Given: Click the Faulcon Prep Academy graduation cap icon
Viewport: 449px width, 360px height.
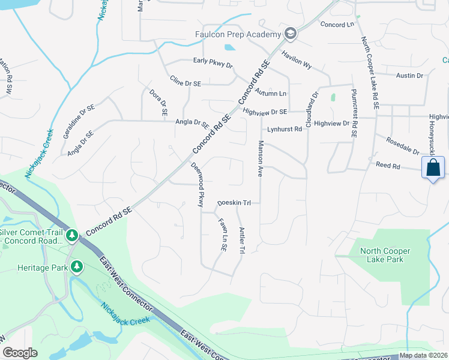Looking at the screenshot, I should tap(291, 33).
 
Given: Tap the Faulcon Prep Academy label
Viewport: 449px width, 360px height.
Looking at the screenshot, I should tap(238, 34).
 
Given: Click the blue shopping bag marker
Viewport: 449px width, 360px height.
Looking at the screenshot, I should tap(433, 169).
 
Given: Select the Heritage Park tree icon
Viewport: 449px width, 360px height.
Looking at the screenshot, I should tap(76, 266).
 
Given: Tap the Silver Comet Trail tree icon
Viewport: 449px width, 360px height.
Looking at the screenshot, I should tap(72, 234).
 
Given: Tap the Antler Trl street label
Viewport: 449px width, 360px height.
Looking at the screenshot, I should tap(242, 239).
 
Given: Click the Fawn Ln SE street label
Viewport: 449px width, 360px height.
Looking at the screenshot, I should tap(221, 235).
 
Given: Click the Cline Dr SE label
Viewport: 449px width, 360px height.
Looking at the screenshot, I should tap(184, 80).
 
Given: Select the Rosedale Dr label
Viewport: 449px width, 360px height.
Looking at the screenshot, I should tap(403, 148).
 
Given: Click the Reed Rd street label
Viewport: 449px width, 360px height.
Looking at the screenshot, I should tap(387, 165).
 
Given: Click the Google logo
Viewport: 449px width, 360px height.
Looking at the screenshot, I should tap(20, 353).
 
